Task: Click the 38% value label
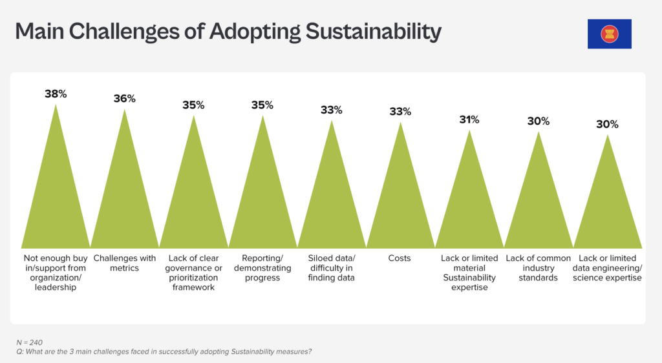click(x=56, y=94)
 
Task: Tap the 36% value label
click(x=125, y=99)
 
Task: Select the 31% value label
click(x=469, y=119)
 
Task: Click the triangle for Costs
click(x=400, y=198)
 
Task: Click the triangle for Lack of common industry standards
click(x=539, y=202)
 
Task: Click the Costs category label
click(x=400, y=258)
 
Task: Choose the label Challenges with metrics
click(x=125, y=263)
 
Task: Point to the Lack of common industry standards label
click(x=539, y=267)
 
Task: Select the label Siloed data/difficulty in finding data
click(x=332, y=267)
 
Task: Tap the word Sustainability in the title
click(x=373, y=32)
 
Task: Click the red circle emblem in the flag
click(x=610, y=34)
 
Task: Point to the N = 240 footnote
click(x=30, y=342)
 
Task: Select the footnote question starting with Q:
click(x=164, y=351)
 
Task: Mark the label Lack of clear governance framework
click(x=193, y=273)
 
